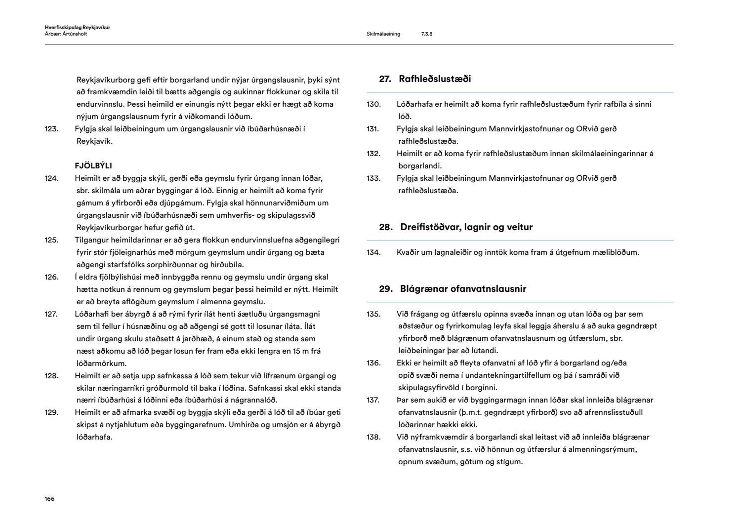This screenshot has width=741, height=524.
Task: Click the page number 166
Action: tap(49, 499)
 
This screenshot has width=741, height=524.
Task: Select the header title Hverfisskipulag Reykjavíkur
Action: tap(77, 28)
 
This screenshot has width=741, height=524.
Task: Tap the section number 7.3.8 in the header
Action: tap(427, 34)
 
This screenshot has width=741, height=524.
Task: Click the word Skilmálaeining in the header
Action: tap(383, 34)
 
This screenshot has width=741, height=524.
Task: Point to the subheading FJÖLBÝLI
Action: tap(93, 166)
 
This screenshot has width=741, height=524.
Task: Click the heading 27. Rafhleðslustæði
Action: tap(425, 79)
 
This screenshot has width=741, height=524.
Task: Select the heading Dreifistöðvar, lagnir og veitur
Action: tap(466, 227)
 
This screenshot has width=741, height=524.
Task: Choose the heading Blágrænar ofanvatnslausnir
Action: tap(463, 289)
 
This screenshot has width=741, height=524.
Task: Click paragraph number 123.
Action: tap(51, 129)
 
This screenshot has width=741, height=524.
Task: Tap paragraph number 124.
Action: tap(51, 178)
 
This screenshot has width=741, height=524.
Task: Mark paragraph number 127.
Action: tap(51, 314)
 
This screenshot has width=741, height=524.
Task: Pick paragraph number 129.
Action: tap(51, 412)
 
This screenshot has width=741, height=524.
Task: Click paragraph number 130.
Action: tap(373, 104)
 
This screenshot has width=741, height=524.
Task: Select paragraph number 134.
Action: tap(373, 252)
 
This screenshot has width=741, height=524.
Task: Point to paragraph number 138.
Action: tap(373, 437)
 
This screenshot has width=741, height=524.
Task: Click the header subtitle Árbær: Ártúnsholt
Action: tap(66, 34)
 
